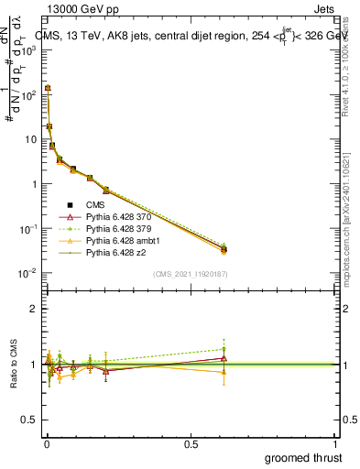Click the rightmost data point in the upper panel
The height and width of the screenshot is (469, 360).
[x=224, y=248]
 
